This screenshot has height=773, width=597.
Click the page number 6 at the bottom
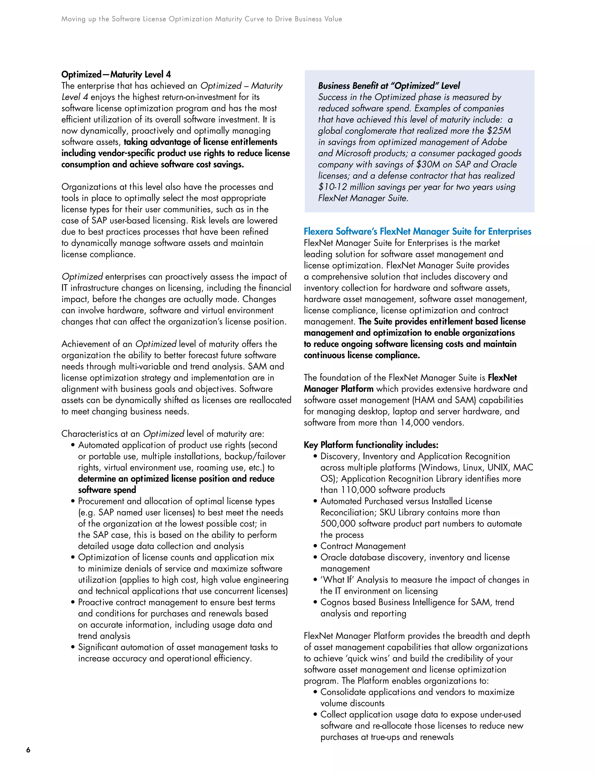point(28,750)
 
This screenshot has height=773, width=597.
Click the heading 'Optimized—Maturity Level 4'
point(116,74)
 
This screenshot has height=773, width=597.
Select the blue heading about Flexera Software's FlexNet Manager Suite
point(417,232)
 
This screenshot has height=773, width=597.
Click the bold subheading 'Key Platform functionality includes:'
point(371,445)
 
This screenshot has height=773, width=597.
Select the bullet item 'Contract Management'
point(363,546)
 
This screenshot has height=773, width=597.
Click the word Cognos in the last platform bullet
point(335,602)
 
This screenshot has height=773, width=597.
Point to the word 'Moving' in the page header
point(73,19)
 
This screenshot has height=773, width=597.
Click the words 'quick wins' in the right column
point(364,658)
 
